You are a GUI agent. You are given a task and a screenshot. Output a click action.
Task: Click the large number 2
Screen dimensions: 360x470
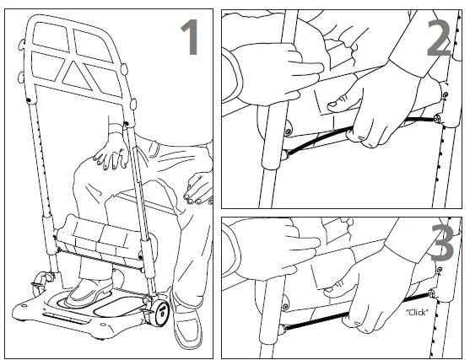click(x=439, y=36)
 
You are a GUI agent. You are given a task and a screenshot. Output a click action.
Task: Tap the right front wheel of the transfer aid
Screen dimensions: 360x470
click(x=158, y=314)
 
